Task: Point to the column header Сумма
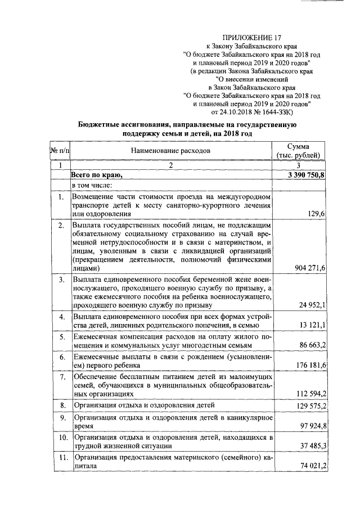299,146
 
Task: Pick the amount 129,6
317,214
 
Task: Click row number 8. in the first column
61,405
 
